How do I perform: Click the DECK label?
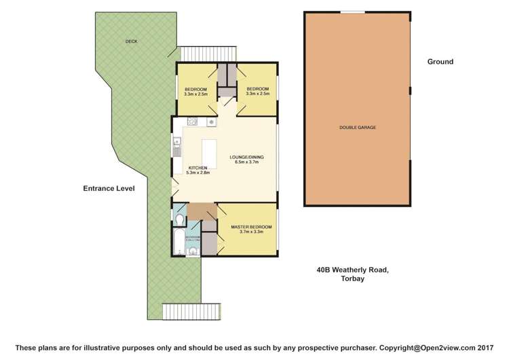tap(131, 41)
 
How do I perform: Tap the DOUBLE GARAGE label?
tap(358, 128)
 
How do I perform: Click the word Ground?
tap(440, 62)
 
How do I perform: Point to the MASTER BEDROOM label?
tap(251, 226)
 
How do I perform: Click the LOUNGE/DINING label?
tap(248, 158)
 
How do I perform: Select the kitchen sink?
tap(176, 143)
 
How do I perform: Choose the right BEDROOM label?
tap(257, 90)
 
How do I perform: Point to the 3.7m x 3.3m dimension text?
tap(251, 232)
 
